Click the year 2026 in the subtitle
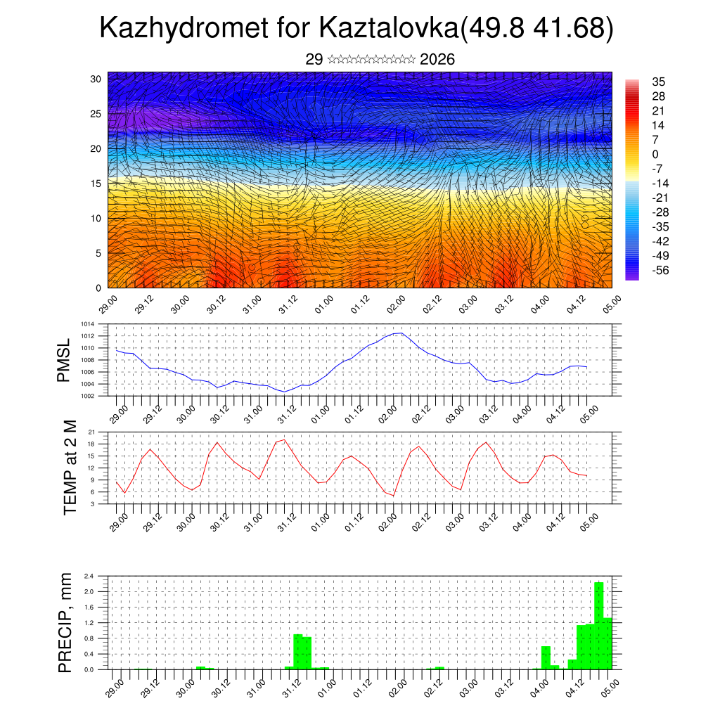[437, 59]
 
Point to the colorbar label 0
[655, 154]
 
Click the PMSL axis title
[64, 360]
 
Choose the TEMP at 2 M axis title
[70, 468]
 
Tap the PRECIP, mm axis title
[65, 622]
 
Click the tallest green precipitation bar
[599, 626]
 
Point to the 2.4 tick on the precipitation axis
[89, 576]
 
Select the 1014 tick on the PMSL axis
[87, 324]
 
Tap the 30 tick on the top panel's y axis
[96, 79]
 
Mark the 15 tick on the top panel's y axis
[96, 184]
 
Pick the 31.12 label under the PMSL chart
[285, 413]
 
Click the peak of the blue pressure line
[400, 333]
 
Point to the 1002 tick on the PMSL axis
[87, 396]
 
